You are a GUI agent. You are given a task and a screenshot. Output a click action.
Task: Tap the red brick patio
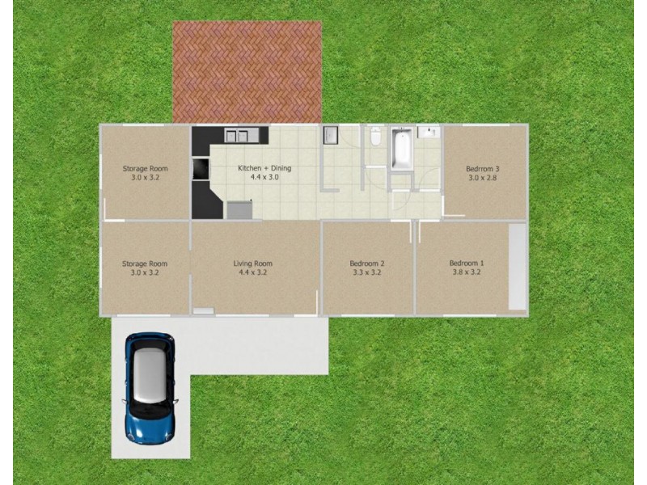pyautogui.click(x=247, y=73)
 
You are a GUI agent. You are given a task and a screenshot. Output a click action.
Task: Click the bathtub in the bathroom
pyautogui.click(x=400, y=150)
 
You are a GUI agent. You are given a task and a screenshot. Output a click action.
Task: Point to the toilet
pyautogui.click(x=374, y=139)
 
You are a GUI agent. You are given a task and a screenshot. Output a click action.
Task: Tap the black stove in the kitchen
pyautogui.click(x=199, y=167)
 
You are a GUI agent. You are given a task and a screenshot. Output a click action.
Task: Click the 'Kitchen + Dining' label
pyautogui.click(x=264, y=168)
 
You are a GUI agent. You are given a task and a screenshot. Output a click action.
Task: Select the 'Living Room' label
pyautogui.click(x=252, y=264)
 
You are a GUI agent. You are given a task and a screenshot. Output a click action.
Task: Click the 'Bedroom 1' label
pyautogui.click(x=466, y=264)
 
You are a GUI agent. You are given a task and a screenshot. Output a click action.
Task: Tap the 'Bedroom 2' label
pyautogui.click(x=366, y=264)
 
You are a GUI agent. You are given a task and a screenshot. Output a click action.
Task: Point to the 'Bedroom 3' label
pyautogui.click(x=483, y=168)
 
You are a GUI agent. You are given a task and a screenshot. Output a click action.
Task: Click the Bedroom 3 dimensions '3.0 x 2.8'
pyautogui.click(x=483, y=178)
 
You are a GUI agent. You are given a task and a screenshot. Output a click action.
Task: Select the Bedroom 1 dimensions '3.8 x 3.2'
pyautogui.click(x=466, y=273)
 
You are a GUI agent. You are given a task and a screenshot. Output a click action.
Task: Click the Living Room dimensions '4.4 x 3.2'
pyautogui.click(x=252, y=273)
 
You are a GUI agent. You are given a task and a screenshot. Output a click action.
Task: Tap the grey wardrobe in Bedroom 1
pyautogui.click(x=517, y=267)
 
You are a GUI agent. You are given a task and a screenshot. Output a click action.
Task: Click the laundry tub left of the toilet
pyautogui.click(x=330, y=135)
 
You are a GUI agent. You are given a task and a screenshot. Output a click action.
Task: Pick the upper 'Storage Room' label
pyautogui.click(x=144, y=168)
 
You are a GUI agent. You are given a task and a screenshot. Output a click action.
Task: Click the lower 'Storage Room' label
pyautogui.click(x=144, y=264)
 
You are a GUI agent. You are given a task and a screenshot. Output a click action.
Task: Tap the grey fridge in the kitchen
pyautogui.click(x=239, y=210)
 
